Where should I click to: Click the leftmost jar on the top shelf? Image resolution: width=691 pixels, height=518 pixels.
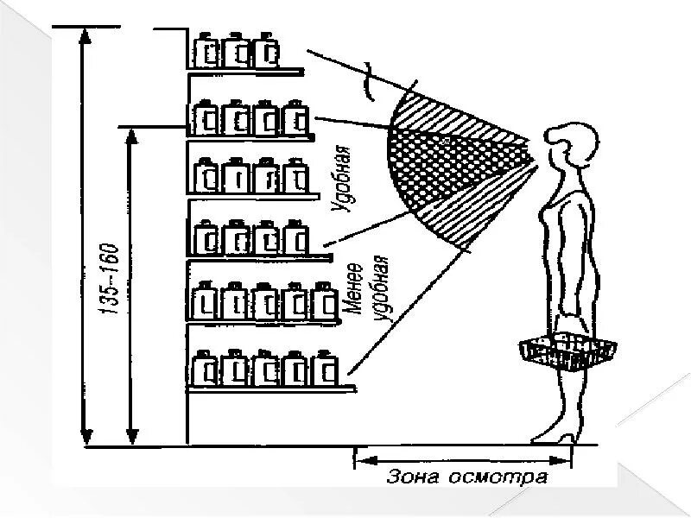[207, 52]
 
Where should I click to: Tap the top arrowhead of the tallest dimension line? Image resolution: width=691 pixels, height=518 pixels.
[85, 35]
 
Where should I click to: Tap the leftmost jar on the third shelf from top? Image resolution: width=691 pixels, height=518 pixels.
[209, 177]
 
